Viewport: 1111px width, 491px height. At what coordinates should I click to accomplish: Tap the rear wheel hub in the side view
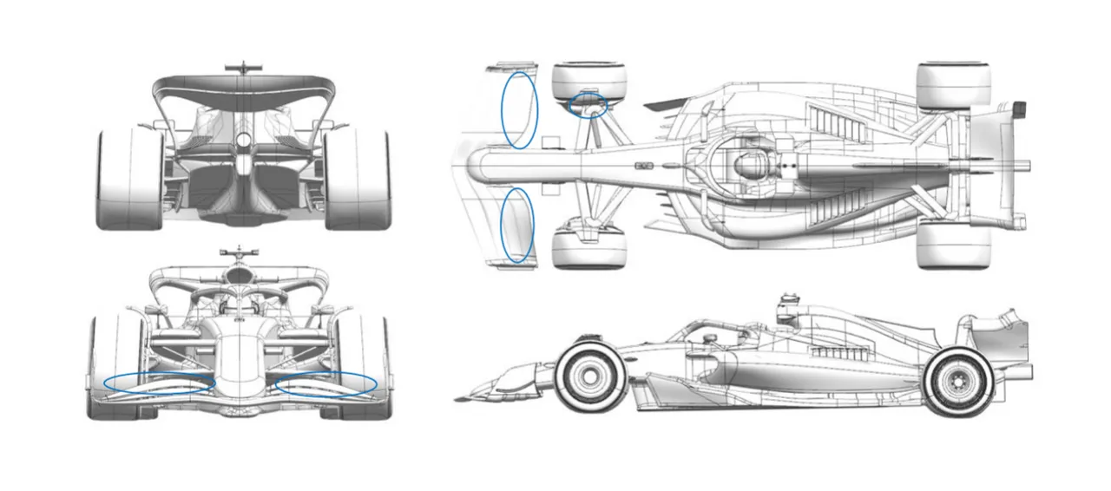click(x=958, y=381)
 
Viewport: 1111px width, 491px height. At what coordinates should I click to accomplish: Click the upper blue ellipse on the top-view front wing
click(x=520, y=109)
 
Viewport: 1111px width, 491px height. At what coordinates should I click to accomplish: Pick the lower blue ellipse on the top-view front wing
click(x=518, y=226)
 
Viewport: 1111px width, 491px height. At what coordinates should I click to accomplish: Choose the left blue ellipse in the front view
click(x=159, y=383)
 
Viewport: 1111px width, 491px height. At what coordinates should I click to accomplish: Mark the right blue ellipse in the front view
click(x=325, y=384)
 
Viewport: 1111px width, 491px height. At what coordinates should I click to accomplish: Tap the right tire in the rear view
click(x=357, y=180)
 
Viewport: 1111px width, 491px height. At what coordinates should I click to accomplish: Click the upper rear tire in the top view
click(x=953, y=86)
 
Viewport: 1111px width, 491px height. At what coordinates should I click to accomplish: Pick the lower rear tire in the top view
click(x=952, y=244)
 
